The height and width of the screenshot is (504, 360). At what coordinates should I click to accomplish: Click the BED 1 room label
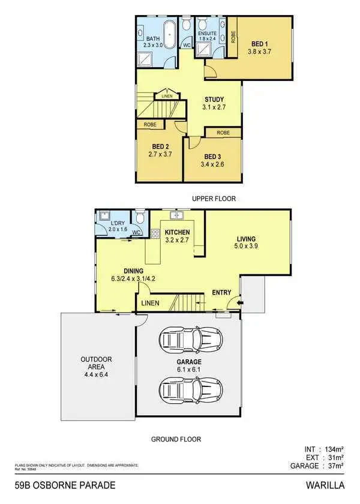259,44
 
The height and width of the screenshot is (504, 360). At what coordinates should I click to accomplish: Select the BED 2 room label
159,146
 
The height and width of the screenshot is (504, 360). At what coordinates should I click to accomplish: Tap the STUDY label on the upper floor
214,100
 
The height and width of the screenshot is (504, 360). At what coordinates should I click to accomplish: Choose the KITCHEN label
178,232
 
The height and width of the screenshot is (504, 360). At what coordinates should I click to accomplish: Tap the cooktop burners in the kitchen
155,235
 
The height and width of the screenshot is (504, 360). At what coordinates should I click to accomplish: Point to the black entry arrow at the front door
241,304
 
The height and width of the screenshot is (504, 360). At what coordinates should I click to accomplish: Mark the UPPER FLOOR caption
214,198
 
